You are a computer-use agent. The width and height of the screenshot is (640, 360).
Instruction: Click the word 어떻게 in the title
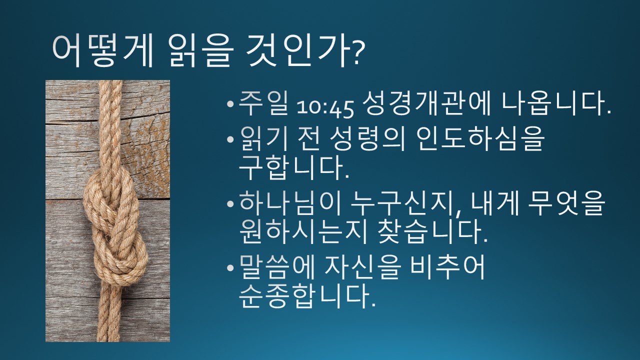[x=103, y=51]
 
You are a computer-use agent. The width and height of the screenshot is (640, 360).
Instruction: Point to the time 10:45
[x=325, y=108]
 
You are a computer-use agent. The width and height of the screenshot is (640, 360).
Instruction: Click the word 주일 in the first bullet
[x=263, y=103]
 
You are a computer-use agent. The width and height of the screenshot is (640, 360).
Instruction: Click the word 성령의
[x=367, y=138]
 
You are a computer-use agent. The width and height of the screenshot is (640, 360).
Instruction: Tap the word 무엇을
[x=565, y=203]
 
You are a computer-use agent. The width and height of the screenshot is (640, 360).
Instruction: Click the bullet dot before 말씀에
[x=230, y=268]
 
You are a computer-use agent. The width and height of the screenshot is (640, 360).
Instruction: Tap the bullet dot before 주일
[x=230, y=103]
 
